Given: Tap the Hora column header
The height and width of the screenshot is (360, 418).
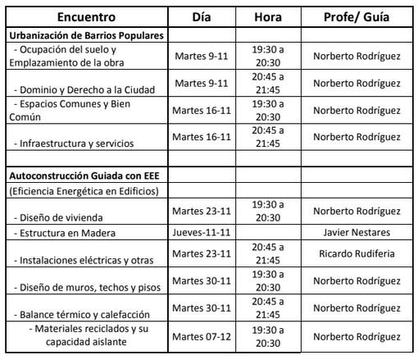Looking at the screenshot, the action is click(268, 16).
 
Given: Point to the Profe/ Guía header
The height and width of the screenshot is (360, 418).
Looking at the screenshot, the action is click(357, 16).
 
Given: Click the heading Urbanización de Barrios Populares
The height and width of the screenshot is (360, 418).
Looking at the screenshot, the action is click(87, 37).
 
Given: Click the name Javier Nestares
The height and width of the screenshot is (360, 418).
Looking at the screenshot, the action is click(357, 233).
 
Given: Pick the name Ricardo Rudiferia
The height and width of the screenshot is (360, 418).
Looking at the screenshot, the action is click(357, 253).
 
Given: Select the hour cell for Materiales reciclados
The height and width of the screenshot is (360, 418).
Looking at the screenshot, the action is click(268, 336).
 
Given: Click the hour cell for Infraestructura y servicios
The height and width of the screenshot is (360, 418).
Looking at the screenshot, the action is click(268, 137).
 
